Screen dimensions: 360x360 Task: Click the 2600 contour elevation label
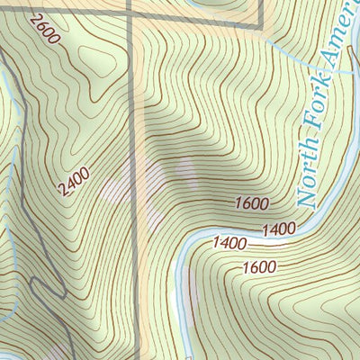(43, 32)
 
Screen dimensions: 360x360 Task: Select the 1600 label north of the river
(252, 203)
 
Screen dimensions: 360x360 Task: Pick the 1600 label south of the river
(260, 267)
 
